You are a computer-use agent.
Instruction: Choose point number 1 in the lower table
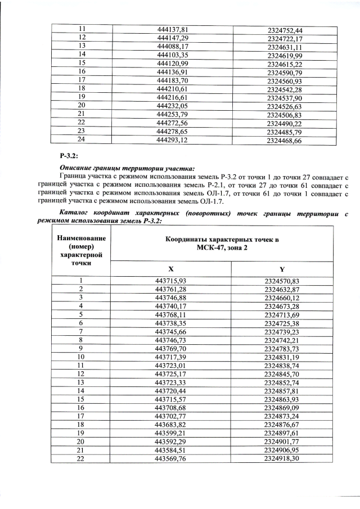pos(81,280)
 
